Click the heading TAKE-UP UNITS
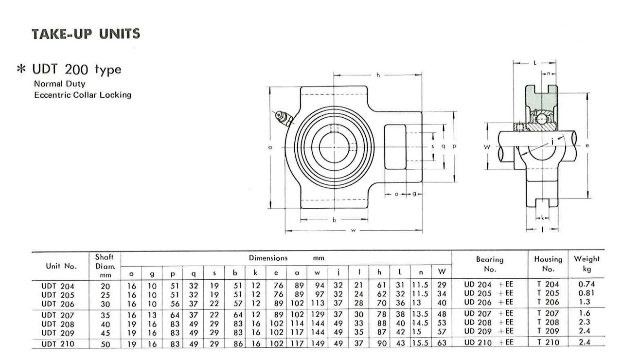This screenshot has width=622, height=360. (x=86, y=34)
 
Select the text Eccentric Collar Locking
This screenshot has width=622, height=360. (x=83, y=95)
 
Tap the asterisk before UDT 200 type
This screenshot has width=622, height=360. (x=21, y=70)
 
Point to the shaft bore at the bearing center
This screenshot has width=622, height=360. (x=334, y=146)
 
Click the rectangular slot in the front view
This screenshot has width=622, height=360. (x=394, y=146)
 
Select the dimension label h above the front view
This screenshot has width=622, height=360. (x=378, y=75)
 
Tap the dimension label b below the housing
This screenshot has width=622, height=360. (x=334, y=220)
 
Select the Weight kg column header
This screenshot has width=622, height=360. (x=586, y=264)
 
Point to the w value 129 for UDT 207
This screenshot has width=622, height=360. (x=318, y=315)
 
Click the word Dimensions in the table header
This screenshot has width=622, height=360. (x=268, y=258)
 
